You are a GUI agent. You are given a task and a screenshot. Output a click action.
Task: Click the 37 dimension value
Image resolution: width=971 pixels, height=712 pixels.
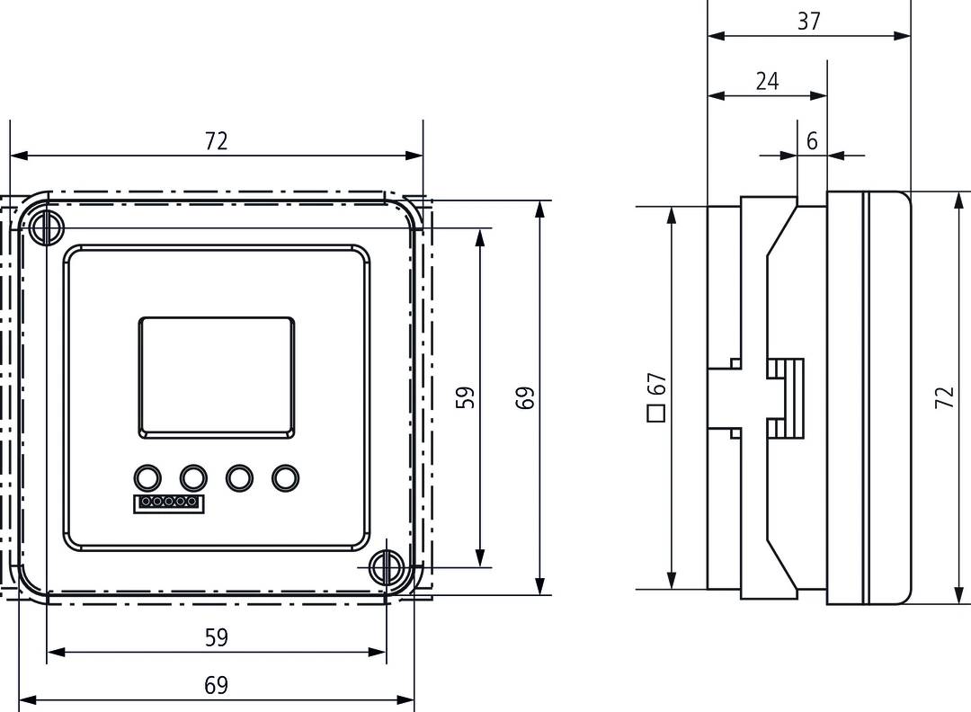[809, 21]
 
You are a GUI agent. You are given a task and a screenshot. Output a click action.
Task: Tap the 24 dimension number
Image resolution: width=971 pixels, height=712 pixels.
[767, 81]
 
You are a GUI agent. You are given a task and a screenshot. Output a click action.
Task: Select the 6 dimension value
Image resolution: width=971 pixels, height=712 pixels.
[812, 141]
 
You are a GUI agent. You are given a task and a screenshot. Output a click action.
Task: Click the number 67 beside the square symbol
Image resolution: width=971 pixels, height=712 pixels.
[657, 385]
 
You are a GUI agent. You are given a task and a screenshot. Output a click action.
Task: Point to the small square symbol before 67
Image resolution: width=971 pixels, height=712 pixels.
[656, 414]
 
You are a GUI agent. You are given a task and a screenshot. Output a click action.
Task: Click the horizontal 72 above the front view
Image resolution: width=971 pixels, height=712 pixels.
[216, 140]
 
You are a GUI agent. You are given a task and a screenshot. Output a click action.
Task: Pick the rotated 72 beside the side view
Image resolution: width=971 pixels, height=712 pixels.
[944, 397]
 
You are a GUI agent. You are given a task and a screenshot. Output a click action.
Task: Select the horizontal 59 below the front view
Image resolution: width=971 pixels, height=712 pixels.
[216, 637]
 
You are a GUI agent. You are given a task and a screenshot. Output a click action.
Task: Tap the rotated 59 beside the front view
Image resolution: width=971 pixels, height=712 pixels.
[465, 397]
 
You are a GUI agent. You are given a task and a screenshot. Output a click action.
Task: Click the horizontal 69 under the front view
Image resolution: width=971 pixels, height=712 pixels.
[216, 685]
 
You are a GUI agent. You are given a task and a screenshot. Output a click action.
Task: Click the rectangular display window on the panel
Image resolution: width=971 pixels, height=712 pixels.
[216, 378]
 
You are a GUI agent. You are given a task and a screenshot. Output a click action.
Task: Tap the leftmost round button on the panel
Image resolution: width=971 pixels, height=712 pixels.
[147, 476]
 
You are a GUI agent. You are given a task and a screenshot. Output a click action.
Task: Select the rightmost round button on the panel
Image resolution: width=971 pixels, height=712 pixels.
[284, 476]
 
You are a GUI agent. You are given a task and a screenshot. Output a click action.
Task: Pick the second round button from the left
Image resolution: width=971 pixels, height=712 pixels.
[192, 476]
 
